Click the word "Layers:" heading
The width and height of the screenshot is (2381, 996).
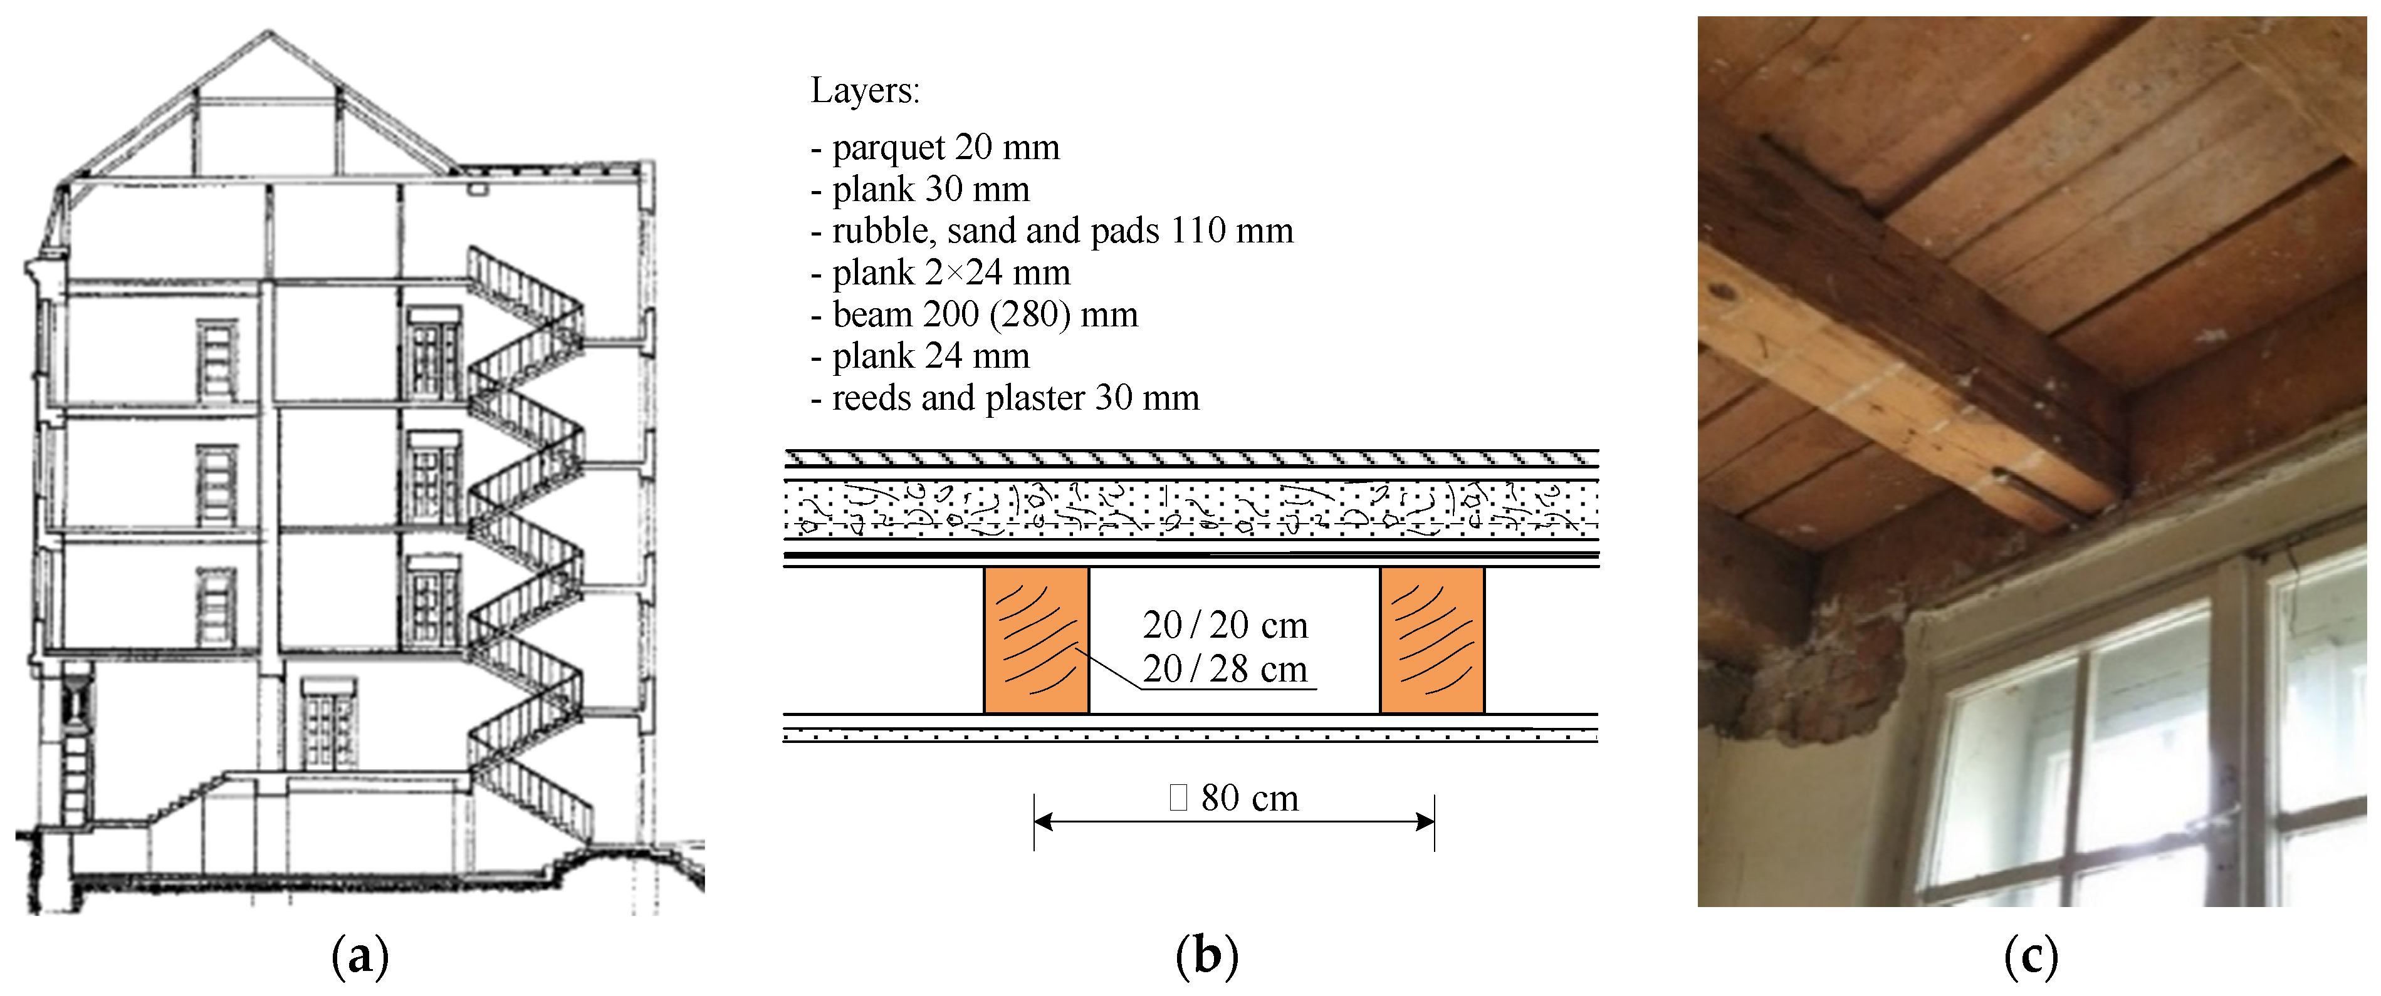click(x=865, y=91)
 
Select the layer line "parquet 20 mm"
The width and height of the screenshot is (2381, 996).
click(x=946, y=147)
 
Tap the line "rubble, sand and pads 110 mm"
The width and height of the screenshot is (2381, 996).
click(x=1062, y=230)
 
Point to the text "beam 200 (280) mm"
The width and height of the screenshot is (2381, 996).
click(x=985, y=314)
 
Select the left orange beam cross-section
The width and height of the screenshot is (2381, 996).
click(x=1036, y=640)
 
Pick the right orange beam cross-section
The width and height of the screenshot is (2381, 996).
click(x=1431, y=640)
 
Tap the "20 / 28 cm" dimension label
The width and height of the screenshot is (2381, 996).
click(x=1225, y=669)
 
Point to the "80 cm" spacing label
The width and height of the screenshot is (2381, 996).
click(x=1248, y=798)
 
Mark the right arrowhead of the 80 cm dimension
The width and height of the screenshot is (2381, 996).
click(x=1426, y=821)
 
